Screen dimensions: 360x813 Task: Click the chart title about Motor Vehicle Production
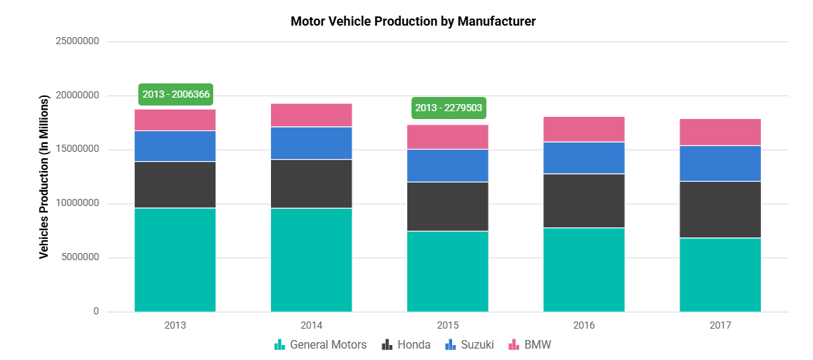413,21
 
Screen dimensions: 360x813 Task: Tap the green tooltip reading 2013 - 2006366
175,94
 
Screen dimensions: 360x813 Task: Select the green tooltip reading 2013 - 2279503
449,108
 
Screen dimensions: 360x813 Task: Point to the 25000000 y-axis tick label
77,41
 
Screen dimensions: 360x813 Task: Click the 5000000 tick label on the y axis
80,258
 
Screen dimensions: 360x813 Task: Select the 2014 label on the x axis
312,325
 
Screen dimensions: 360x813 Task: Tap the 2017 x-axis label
720,325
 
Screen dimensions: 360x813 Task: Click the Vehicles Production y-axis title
44,177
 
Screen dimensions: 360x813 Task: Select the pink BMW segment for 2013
175,120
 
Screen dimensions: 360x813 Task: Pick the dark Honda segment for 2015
448,207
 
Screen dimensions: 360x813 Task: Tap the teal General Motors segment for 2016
584,269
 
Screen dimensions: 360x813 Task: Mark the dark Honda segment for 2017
720,210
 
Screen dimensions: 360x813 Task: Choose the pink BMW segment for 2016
584,130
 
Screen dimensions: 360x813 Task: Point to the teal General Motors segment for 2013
175,259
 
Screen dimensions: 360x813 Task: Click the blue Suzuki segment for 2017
720,164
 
